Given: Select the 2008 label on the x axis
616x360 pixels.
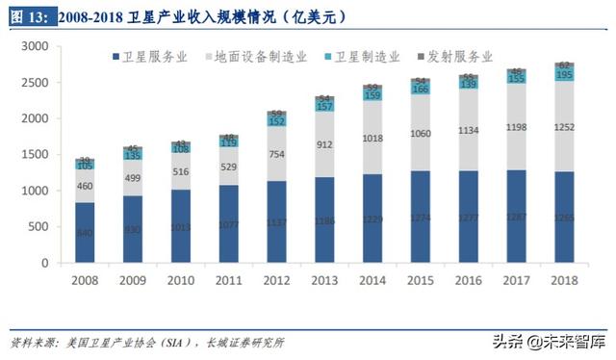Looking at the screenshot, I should [84, 280].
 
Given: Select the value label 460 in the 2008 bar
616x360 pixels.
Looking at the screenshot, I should [85, 186].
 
